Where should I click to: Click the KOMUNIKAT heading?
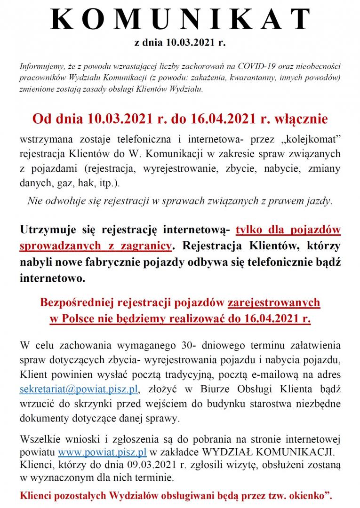(x=180, y=20)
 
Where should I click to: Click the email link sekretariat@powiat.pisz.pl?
(x=79, y=389)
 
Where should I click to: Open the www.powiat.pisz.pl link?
(x=102, y=452)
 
